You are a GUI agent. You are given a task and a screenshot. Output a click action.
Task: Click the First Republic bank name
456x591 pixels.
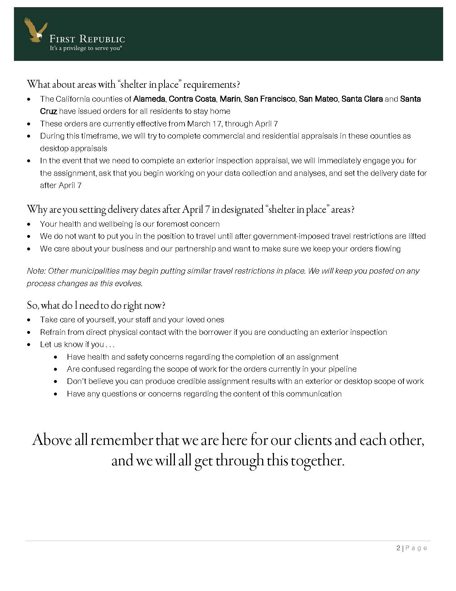[x=87, y=39]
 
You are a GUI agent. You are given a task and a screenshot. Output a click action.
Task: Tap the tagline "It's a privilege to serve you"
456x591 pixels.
[x=86, y=48]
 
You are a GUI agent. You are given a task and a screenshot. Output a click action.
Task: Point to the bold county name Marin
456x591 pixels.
[x=230, y=99]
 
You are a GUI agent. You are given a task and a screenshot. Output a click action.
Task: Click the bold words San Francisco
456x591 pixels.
[x=270, y=99]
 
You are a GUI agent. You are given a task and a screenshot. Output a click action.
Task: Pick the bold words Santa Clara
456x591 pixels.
[x=362, y=99]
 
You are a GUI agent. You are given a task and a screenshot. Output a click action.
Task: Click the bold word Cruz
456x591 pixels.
[x=48, y=111]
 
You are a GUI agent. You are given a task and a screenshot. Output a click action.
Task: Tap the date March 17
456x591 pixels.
[x=201, y=124]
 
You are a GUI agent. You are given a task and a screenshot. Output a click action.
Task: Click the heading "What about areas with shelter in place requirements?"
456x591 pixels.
[x=133, y=85]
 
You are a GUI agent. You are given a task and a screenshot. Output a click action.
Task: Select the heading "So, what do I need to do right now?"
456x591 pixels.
[x=96, y=306]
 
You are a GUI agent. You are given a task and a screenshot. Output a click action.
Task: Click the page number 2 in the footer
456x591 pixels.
[x=398, y=548]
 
